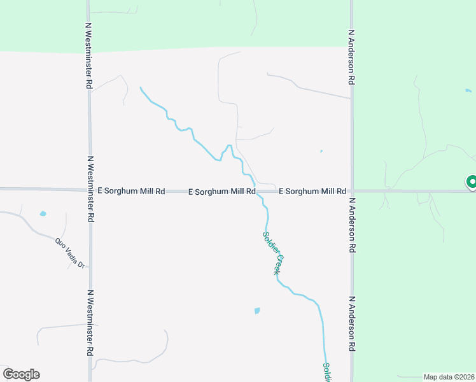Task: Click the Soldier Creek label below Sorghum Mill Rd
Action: (x=272, y=253)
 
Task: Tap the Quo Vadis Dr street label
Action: (x=69, y=252)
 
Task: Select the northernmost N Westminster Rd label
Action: (x=90, y=57)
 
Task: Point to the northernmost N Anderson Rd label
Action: (x=351, y=57)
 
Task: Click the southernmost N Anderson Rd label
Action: (x=351, y=324)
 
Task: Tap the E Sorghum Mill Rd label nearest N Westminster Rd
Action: (x=132, y=191)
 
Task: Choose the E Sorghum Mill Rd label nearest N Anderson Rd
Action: (x=312, y=191)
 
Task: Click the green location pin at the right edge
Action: (x=472, y=182)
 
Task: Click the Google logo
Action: (x=21, y=374)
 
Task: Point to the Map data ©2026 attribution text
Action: (x=449, y=377)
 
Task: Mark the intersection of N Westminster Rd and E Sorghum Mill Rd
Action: (x=90, y=190)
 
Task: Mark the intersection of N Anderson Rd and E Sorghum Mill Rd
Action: (x=351, y=190)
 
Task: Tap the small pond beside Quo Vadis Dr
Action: (x=43, y=214)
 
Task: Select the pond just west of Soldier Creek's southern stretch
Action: (x=257, y=311)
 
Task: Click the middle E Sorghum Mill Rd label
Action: (x=222, y=191)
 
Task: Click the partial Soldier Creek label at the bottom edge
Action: (x=326, y=372)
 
